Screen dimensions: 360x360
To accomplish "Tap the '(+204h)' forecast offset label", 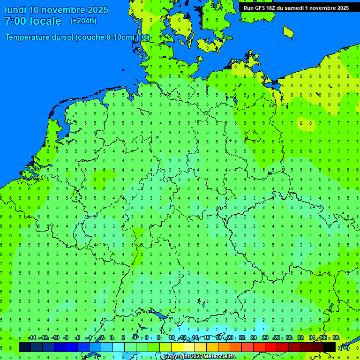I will click(83, 21).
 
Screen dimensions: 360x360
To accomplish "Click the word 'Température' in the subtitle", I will click(29, 37).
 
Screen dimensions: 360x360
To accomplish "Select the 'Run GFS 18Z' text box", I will click(296, 7).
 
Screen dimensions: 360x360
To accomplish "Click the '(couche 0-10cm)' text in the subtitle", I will click(106, 37).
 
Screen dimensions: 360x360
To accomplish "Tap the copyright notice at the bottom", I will click(200, 357).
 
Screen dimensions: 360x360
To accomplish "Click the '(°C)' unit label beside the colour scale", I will click(344, 348).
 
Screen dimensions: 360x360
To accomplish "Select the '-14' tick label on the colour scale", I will click(31, 337).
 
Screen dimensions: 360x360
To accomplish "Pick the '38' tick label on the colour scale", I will click(336, 337).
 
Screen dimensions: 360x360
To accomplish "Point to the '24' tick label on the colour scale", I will click(254, 337).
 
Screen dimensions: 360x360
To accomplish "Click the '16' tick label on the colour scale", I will click(207, 337).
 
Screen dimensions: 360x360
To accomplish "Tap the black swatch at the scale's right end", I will click(330, 347).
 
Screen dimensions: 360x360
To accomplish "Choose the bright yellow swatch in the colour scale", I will click(177, 347).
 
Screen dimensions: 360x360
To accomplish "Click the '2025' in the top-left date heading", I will click(97, 10).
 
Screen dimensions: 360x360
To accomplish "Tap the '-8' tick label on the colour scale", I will click(66, 337).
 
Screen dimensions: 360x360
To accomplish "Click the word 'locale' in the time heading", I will click(45, 21).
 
